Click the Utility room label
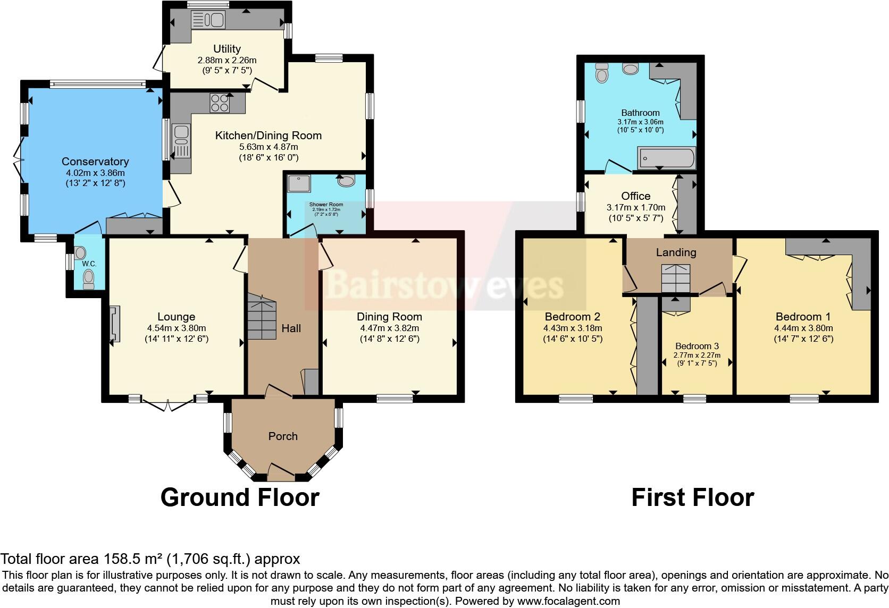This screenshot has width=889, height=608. point(227,49)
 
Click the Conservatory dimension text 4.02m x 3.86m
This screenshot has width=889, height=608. point(94,173)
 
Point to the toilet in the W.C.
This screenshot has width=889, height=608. point(88,276)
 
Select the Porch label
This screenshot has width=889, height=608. point(283,436)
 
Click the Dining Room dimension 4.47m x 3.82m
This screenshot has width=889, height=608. point(389,328)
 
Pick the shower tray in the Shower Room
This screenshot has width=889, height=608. point(296,184)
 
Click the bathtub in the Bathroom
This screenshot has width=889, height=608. point(667,158)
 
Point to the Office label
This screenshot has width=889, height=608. point(636,196)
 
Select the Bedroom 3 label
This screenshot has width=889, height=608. point(697,346)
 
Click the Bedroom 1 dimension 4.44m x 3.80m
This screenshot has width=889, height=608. point(803,328)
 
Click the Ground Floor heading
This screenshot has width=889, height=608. point(240,497)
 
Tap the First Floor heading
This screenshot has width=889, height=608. point(692,497)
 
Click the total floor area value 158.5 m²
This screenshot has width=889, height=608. point(132,559)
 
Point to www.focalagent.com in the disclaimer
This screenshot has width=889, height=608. point(568,601)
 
